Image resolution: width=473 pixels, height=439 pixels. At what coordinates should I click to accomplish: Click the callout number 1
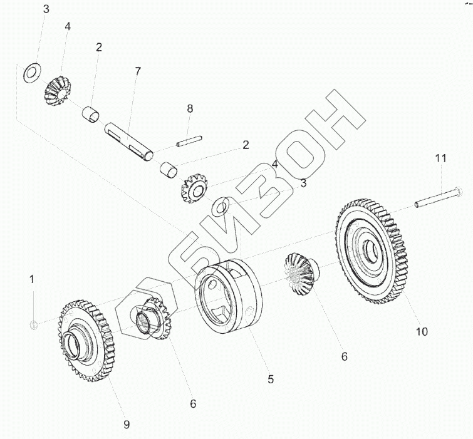coord(32,277)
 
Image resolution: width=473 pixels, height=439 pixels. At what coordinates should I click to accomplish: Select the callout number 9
coord(126,425)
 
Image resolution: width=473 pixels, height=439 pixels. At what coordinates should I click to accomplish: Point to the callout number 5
coord(270,379)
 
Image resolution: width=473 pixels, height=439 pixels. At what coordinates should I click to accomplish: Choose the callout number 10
coord(422,331)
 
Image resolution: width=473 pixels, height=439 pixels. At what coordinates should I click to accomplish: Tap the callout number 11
coord(440,158)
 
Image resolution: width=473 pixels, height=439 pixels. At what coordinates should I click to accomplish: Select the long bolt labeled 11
coord(439,200)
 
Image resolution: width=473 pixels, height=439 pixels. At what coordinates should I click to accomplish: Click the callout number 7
coord(137,71)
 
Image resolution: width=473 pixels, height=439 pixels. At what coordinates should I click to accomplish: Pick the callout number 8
coord(190,109)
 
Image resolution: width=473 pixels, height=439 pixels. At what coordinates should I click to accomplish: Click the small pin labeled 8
coord(189,142)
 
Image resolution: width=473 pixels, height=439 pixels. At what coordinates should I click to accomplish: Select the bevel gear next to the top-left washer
coord(58,91)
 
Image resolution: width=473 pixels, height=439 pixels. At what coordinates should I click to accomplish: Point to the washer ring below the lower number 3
coord(221,204)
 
